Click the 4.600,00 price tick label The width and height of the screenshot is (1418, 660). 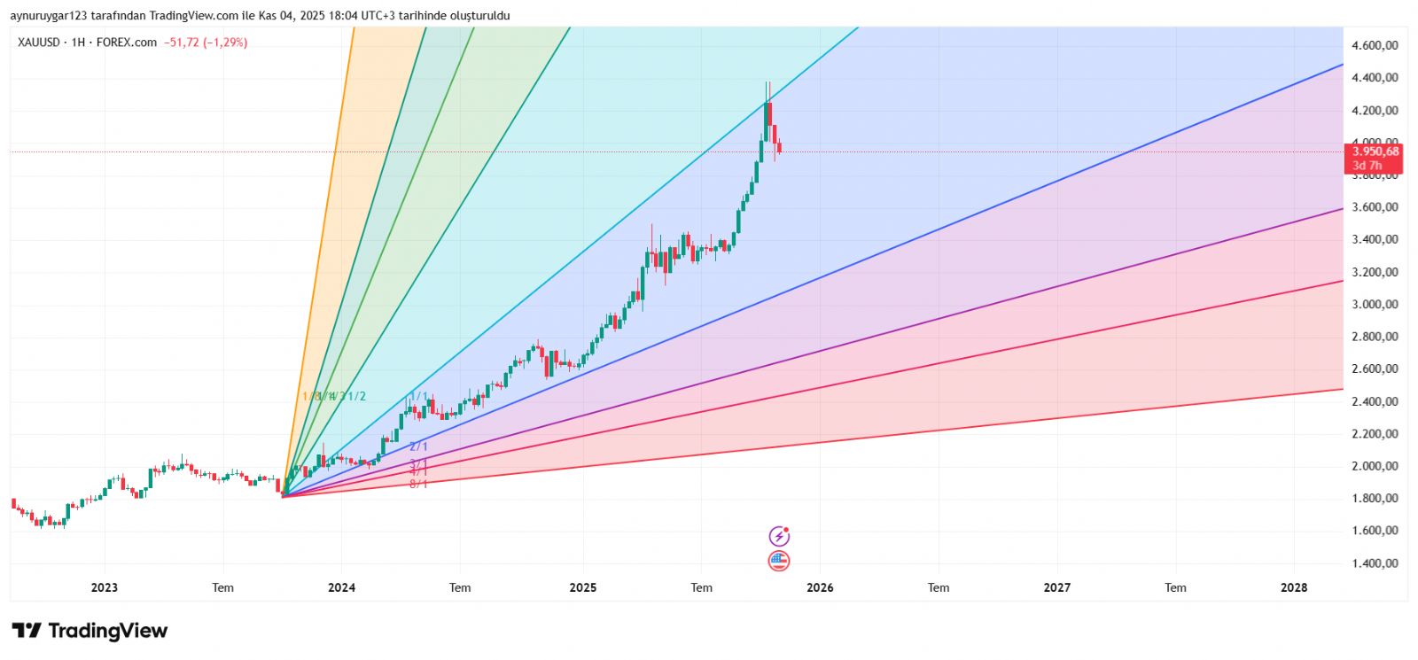pyautogui.click(x=1375, y=45)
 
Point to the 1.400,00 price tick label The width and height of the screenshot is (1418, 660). pyautogui.click(x=1375, y=563)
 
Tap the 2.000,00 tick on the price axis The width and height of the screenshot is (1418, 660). pyautogui.click(x=1375, y=466)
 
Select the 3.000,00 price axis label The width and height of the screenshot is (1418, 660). pyautogui.click(x=1375, y=304)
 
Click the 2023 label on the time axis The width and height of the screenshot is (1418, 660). pyautogui.click(x=105, y=587)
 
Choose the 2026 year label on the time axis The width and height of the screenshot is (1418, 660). pyautogui.click(x=820, y=587)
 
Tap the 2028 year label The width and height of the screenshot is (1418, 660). pyautogui.click(x=1294, y=587)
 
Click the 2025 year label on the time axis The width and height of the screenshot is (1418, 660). pyautogui.click(x=582, y=587)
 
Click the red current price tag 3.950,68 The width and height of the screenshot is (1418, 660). pyautogui.click(x=1375, y=151)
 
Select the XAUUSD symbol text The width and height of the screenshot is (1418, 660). pyautogui.click(x=39, y=43)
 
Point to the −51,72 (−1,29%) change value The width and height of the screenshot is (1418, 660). pyautogui.click(x=206, y=43)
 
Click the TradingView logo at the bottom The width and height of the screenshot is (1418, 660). pyautogui.click(x=90, y=631)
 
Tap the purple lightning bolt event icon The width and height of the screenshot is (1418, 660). pyautogui.click(x=778, y=536)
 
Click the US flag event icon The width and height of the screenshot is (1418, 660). pyautogui.click(x=778, y=561)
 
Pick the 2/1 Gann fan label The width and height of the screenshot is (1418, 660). pyautogui.click(x=418, y=446)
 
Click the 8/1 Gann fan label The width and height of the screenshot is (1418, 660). pyautogui.click(x=418, y=484)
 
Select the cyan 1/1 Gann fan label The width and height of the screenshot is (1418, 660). pyautogui.click(x=418, y=396)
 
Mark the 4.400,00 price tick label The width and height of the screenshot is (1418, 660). pyautogui.click(x=1375, y=78)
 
